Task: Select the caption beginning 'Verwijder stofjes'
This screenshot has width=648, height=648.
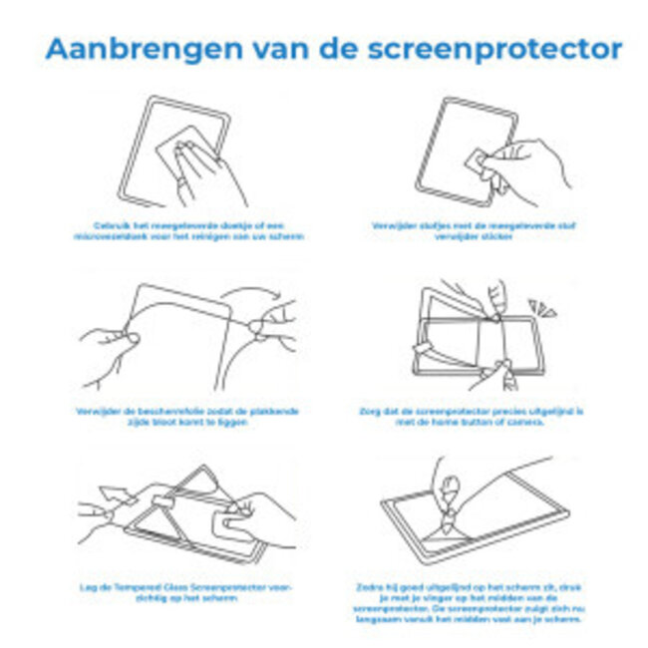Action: [x=486, y=231]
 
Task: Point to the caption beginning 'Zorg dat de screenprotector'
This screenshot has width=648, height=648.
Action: [x=486, y=417]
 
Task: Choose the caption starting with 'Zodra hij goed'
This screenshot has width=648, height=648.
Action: [x=486, y=602]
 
